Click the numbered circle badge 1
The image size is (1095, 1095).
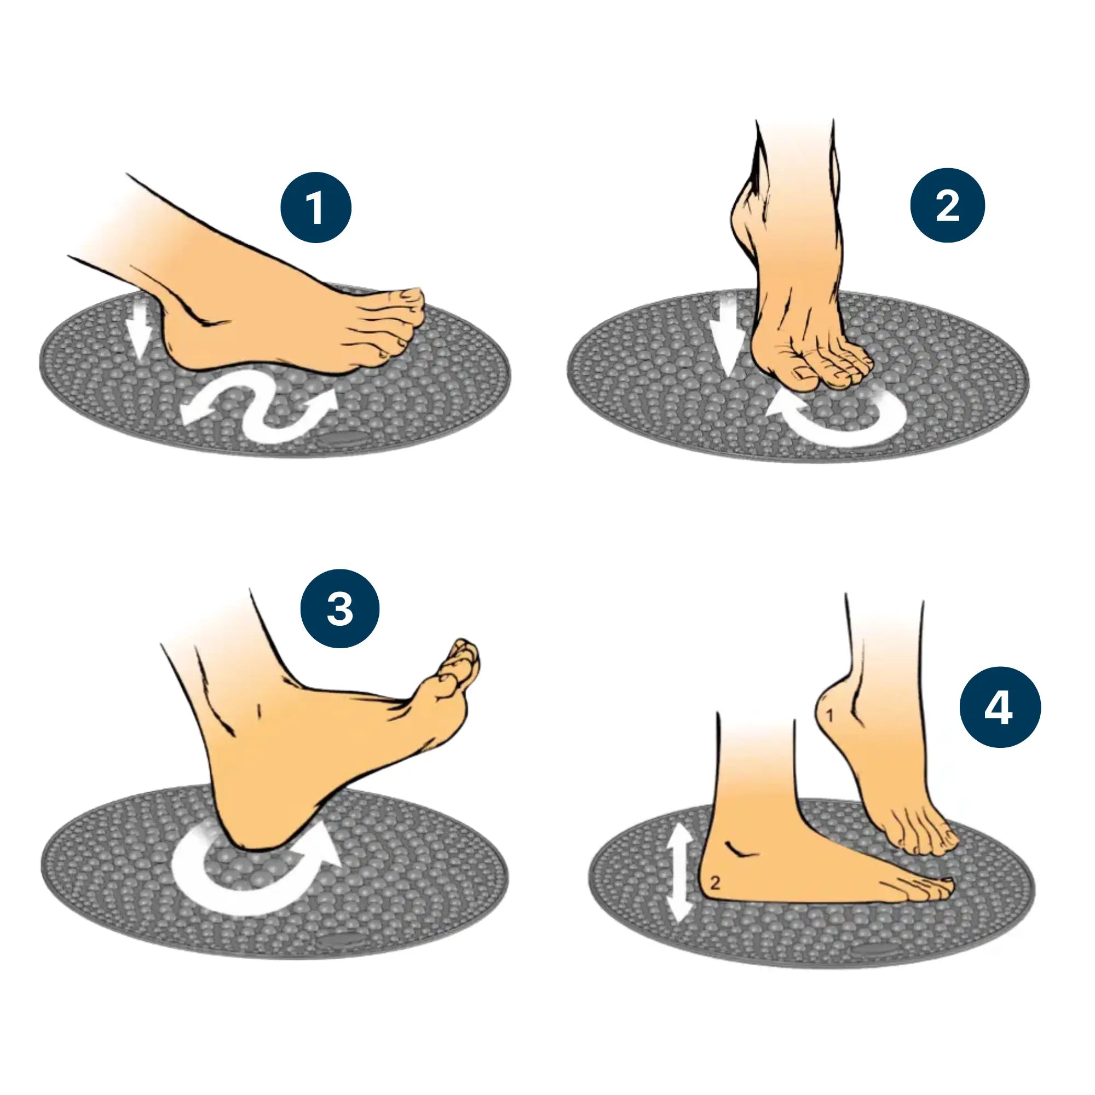(x=316, y=208)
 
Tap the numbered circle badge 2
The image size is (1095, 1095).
(x=947, y=205)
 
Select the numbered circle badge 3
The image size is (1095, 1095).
(x=339, y=609)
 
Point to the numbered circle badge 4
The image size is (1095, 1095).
(x=1000, y=707)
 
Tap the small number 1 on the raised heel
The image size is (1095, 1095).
(x=830, y=716)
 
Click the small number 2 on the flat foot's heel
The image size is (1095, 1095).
(x=714, y=883)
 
